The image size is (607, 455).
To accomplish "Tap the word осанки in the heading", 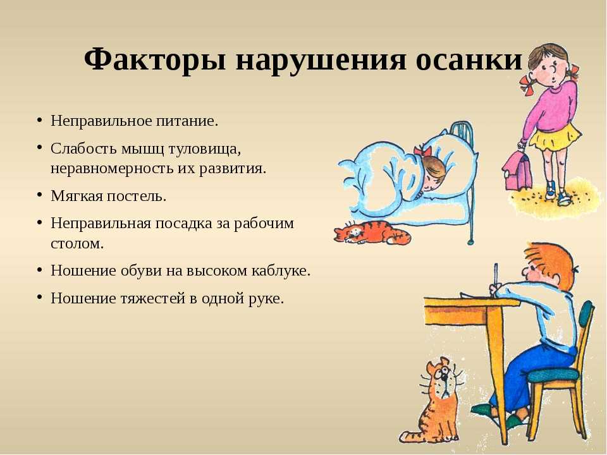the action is click(x=469, y=61).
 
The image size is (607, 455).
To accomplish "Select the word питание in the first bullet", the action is click(x=187, y=121).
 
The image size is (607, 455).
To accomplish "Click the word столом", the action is click(x=77, y=244).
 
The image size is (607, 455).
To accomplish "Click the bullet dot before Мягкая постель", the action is click(x=39, y=195).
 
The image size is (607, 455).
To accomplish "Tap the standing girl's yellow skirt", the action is click(x=556, y=137).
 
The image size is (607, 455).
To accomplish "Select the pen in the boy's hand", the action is click(x=495, y=278).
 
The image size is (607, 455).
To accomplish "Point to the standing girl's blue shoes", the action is click(x=557, y=194).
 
